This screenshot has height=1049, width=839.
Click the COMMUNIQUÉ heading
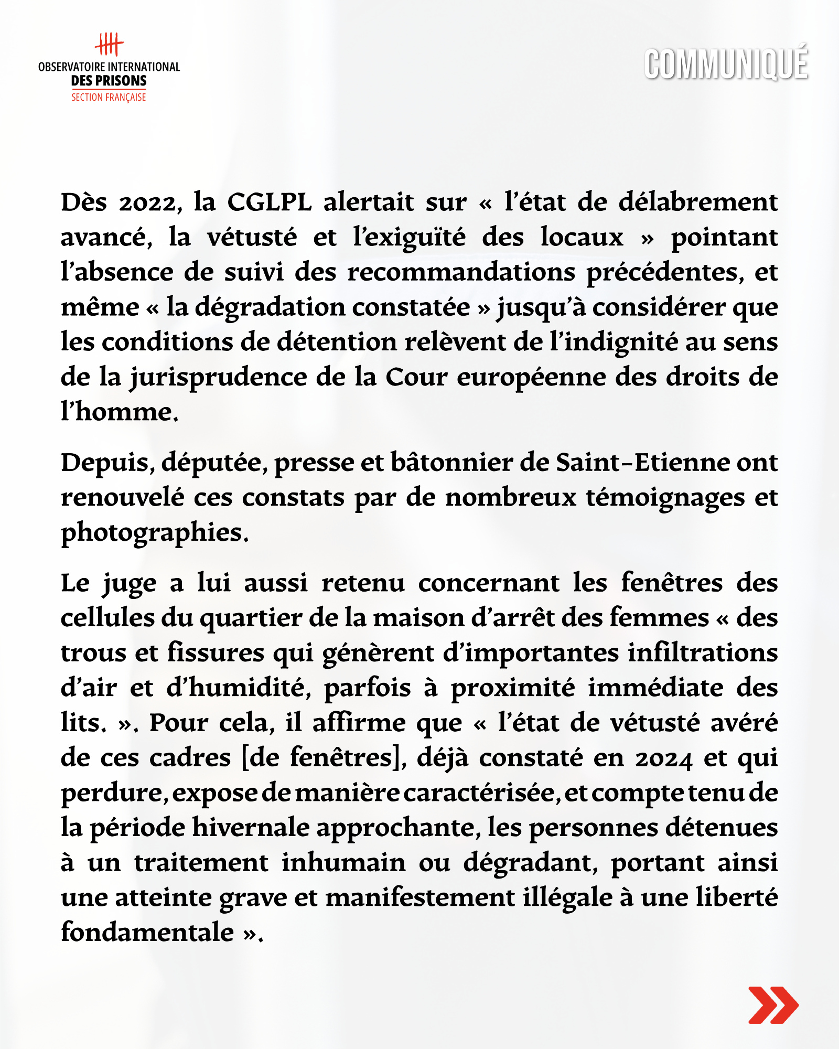pos(726,64)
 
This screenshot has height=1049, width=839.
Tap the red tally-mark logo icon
pos(109,44)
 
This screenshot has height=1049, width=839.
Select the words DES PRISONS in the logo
pos(109,81)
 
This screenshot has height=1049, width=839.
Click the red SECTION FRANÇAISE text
pos(109,97)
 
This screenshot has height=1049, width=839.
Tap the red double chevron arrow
pos(773,1004)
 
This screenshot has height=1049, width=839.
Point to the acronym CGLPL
pos(269,202)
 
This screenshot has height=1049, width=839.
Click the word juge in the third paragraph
pos(130,584)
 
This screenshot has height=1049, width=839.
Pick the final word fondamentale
pos(147,933)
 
